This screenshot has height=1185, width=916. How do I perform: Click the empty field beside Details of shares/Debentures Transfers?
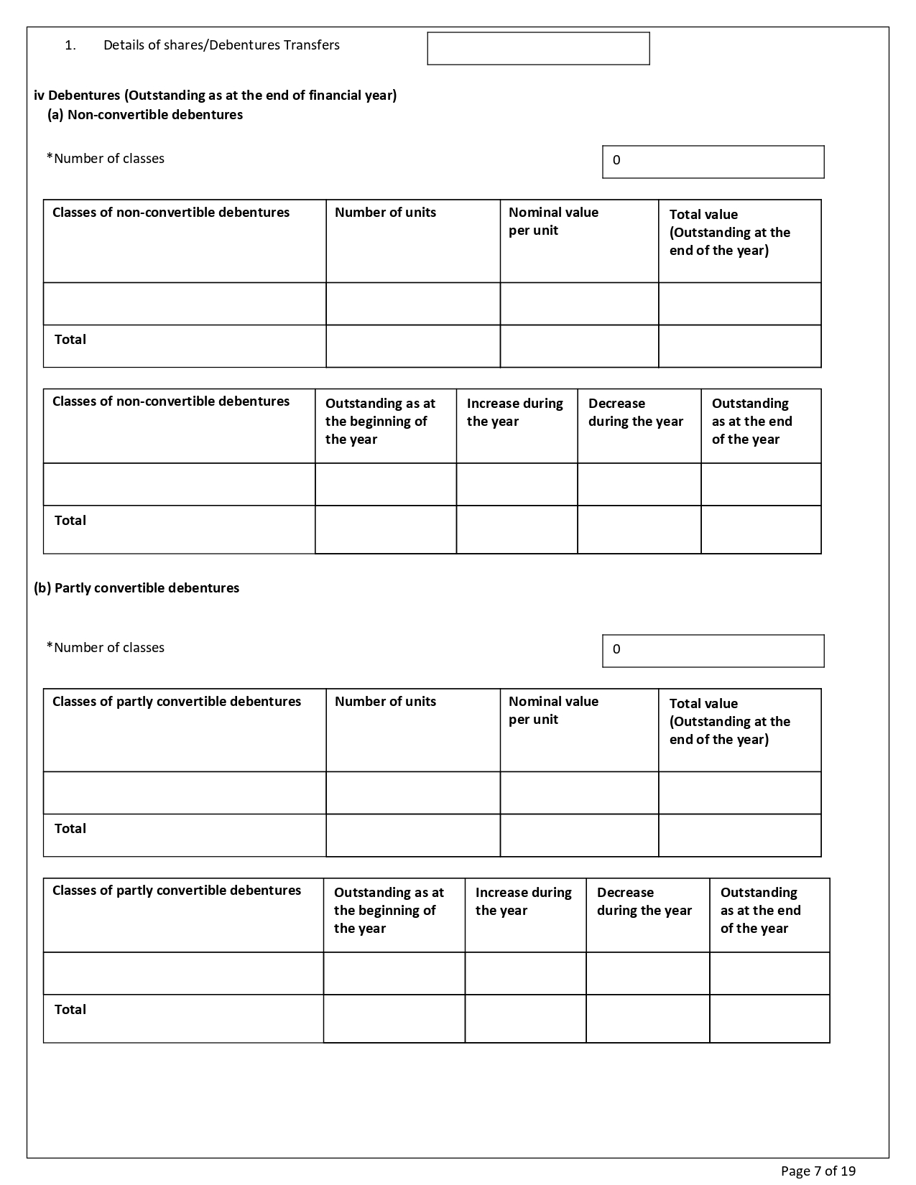click(538, 48)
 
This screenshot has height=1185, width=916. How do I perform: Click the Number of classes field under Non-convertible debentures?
click(713, 162)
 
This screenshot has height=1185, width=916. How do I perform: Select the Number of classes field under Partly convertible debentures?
click(713, 651)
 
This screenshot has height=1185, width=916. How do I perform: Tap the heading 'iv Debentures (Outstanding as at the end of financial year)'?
click(215, 95)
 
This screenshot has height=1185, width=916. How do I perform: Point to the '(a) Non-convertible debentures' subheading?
click(145, 115)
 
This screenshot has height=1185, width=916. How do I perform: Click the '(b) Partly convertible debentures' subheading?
click(137, 587)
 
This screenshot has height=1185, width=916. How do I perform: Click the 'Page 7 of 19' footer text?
click(818, 1171)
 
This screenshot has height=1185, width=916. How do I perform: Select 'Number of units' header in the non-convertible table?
click(385, 213)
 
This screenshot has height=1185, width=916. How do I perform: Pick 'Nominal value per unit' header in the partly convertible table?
click(553, 710)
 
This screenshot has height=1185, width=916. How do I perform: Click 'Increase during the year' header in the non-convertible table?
click(514, 412)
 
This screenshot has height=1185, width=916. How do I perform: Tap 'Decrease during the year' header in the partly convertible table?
click(644, 901)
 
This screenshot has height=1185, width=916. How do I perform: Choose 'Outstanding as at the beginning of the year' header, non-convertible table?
click(380, 421)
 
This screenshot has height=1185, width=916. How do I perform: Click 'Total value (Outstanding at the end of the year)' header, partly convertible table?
click(729, 721)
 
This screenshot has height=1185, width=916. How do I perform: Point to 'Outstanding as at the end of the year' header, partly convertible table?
click(760, 910)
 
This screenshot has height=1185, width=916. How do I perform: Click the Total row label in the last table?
click(70, 1009)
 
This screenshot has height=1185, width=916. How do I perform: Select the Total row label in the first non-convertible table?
click(70, 339)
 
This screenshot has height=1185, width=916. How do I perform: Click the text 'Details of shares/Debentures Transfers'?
click(221, 45)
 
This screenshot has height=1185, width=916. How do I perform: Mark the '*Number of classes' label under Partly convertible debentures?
click(106, 647)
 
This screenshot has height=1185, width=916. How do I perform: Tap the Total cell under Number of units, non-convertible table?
click(413, 346)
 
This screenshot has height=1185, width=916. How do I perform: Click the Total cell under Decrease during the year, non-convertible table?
click(639, 529)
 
